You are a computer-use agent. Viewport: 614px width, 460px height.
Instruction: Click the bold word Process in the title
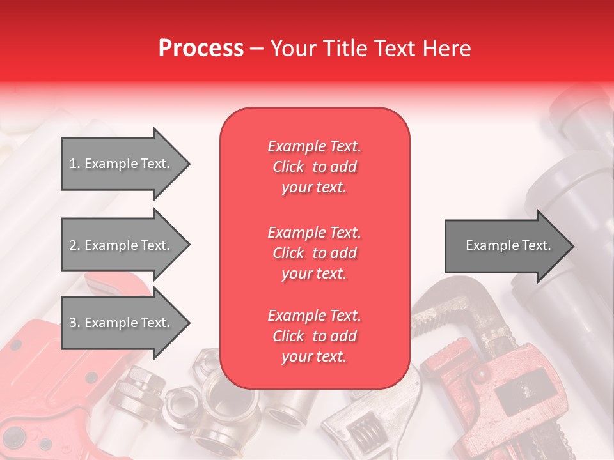(201, 49)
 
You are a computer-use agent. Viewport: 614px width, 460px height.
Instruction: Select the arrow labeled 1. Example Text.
(122, 164)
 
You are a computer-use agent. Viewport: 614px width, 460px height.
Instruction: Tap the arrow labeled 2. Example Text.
(122, 245)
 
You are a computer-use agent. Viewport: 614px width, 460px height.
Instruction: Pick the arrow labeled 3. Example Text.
(122, 323)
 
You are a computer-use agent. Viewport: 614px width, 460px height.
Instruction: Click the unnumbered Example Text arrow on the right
(505, 245)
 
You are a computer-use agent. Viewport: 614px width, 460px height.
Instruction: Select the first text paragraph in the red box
(314, 167)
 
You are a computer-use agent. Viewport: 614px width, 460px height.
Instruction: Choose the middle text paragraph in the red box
(314, 253)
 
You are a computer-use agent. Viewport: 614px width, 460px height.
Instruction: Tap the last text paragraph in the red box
(314, 336)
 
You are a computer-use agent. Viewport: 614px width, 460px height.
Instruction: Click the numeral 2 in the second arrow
(73, 245)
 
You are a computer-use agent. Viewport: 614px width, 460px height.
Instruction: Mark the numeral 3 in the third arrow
(73, 323)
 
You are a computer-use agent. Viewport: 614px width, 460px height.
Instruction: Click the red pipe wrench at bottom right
(505, 396)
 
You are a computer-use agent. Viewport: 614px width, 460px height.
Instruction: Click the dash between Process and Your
(256, 49)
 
